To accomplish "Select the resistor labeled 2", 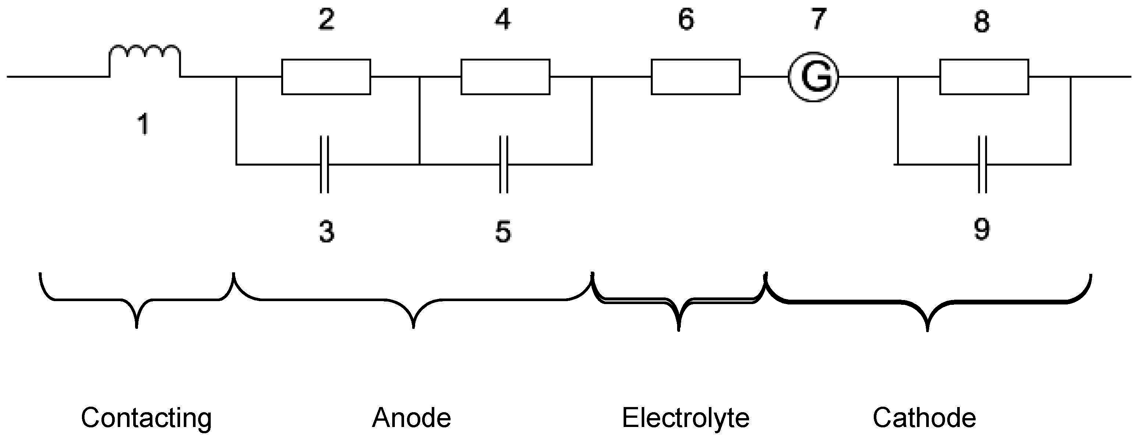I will (x=326, y=77).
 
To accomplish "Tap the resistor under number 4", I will (x=506, y=77).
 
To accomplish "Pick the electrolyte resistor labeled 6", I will (x=695, y=77).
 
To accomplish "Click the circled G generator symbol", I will (x=813, y=77).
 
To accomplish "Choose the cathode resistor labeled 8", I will (x=984, y=77).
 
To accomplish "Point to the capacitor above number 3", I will (x=324, y=164).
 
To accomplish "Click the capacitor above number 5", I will (x=503, y=164).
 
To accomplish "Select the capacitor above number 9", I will (x=982, y=164).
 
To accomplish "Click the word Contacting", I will (x=146, y=418).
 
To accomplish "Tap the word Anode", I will (x=411, y=418).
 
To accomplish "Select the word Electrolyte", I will (x=686, y=418).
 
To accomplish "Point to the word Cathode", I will (x=924, y=418).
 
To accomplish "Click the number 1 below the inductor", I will (x=143, y=124).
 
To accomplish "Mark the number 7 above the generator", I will (x=818, y=20).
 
